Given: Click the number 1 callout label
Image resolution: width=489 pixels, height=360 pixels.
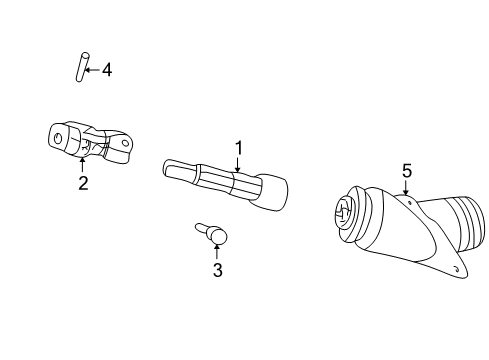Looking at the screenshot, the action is pyautogui.click(x=239, y=148).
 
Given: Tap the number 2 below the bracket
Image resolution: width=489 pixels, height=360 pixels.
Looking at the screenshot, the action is pyautogui.click(x=83, y=182).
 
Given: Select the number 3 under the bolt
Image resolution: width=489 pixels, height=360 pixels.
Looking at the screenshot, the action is pyautogui.click(x=217, y=269).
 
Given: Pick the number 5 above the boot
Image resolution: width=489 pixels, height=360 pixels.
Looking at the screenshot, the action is pyautogui.click(x=407, y=171).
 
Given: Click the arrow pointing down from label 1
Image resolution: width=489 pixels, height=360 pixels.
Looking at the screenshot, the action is pyautogui.click(x=238, y=166).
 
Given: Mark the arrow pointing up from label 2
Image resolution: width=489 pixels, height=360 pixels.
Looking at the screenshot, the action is pyautogui.click(x=82, y=164).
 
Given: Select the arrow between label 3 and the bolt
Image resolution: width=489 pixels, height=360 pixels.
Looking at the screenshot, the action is pyautogui.click(x=217, y=251).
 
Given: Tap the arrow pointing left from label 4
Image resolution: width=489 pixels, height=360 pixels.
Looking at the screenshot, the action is pyautogui.click(x=92, y=70).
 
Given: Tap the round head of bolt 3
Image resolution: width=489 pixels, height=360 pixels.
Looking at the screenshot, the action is pyautogui.click(x=218, y=236).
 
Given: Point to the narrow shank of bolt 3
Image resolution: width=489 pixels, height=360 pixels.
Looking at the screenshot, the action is pyautogui.click(x=201, y=229).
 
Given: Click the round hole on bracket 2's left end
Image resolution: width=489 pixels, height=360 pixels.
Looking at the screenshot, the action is pyautogui.click(x=59, y=137).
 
